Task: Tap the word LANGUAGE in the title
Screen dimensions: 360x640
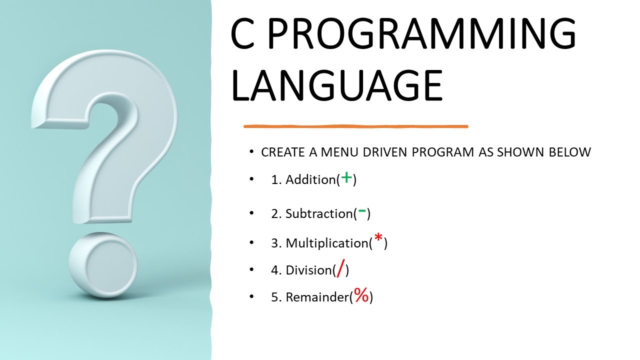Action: coord(336,86)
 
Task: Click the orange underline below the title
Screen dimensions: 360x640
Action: coord(355,126)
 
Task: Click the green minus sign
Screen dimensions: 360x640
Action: coord(362,212)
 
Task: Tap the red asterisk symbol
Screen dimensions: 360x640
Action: coord(378,240)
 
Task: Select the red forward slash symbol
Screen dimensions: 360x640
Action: coord(341,269)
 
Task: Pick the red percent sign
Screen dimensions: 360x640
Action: coord(361,295)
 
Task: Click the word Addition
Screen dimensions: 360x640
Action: coord(310,180)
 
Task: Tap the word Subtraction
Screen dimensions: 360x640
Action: coord(318,214)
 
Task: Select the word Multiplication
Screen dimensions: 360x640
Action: coord(327,243)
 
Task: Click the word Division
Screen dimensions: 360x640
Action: coord(308,270)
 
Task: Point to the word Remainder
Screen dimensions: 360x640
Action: coord(317,297)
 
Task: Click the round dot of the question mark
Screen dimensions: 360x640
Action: coord(103,265)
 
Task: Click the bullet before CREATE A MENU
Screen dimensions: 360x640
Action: coord(251,152)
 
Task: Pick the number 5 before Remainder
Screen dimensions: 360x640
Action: coord(274,297)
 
